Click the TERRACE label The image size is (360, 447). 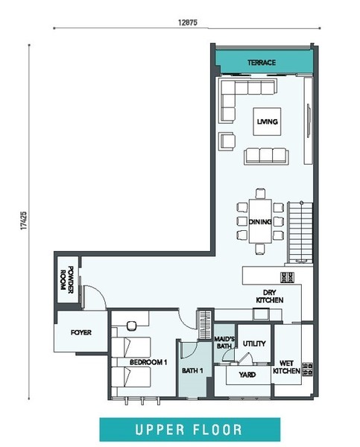[262, 63]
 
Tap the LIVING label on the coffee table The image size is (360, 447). [267, 121]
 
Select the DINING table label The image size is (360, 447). [260, 221]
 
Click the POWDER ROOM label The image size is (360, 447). [67, 278]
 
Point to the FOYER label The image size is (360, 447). [81, 332]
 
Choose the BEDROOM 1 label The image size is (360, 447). [148, 362]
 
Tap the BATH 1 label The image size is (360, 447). [192, 370]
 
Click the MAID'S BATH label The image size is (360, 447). [224, 343]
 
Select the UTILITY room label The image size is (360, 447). [254, 343]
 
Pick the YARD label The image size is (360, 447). [247, 375]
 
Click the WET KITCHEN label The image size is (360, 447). [286, 367]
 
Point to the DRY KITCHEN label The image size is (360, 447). [270, 297]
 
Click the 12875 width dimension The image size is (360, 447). [187, 22]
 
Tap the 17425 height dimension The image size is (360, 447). [24, 221]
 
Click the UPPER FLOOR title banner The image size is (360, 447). [190, 430]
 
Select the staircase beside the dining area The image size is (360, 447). [300, 232]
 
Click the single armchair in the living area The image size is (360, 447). [227, 141]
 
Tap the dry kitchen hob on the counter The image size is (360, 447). [287, 277]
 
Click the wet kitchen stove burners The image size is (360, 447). [308, 370]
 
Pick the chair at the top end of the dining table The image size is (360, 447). [260, 194]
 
